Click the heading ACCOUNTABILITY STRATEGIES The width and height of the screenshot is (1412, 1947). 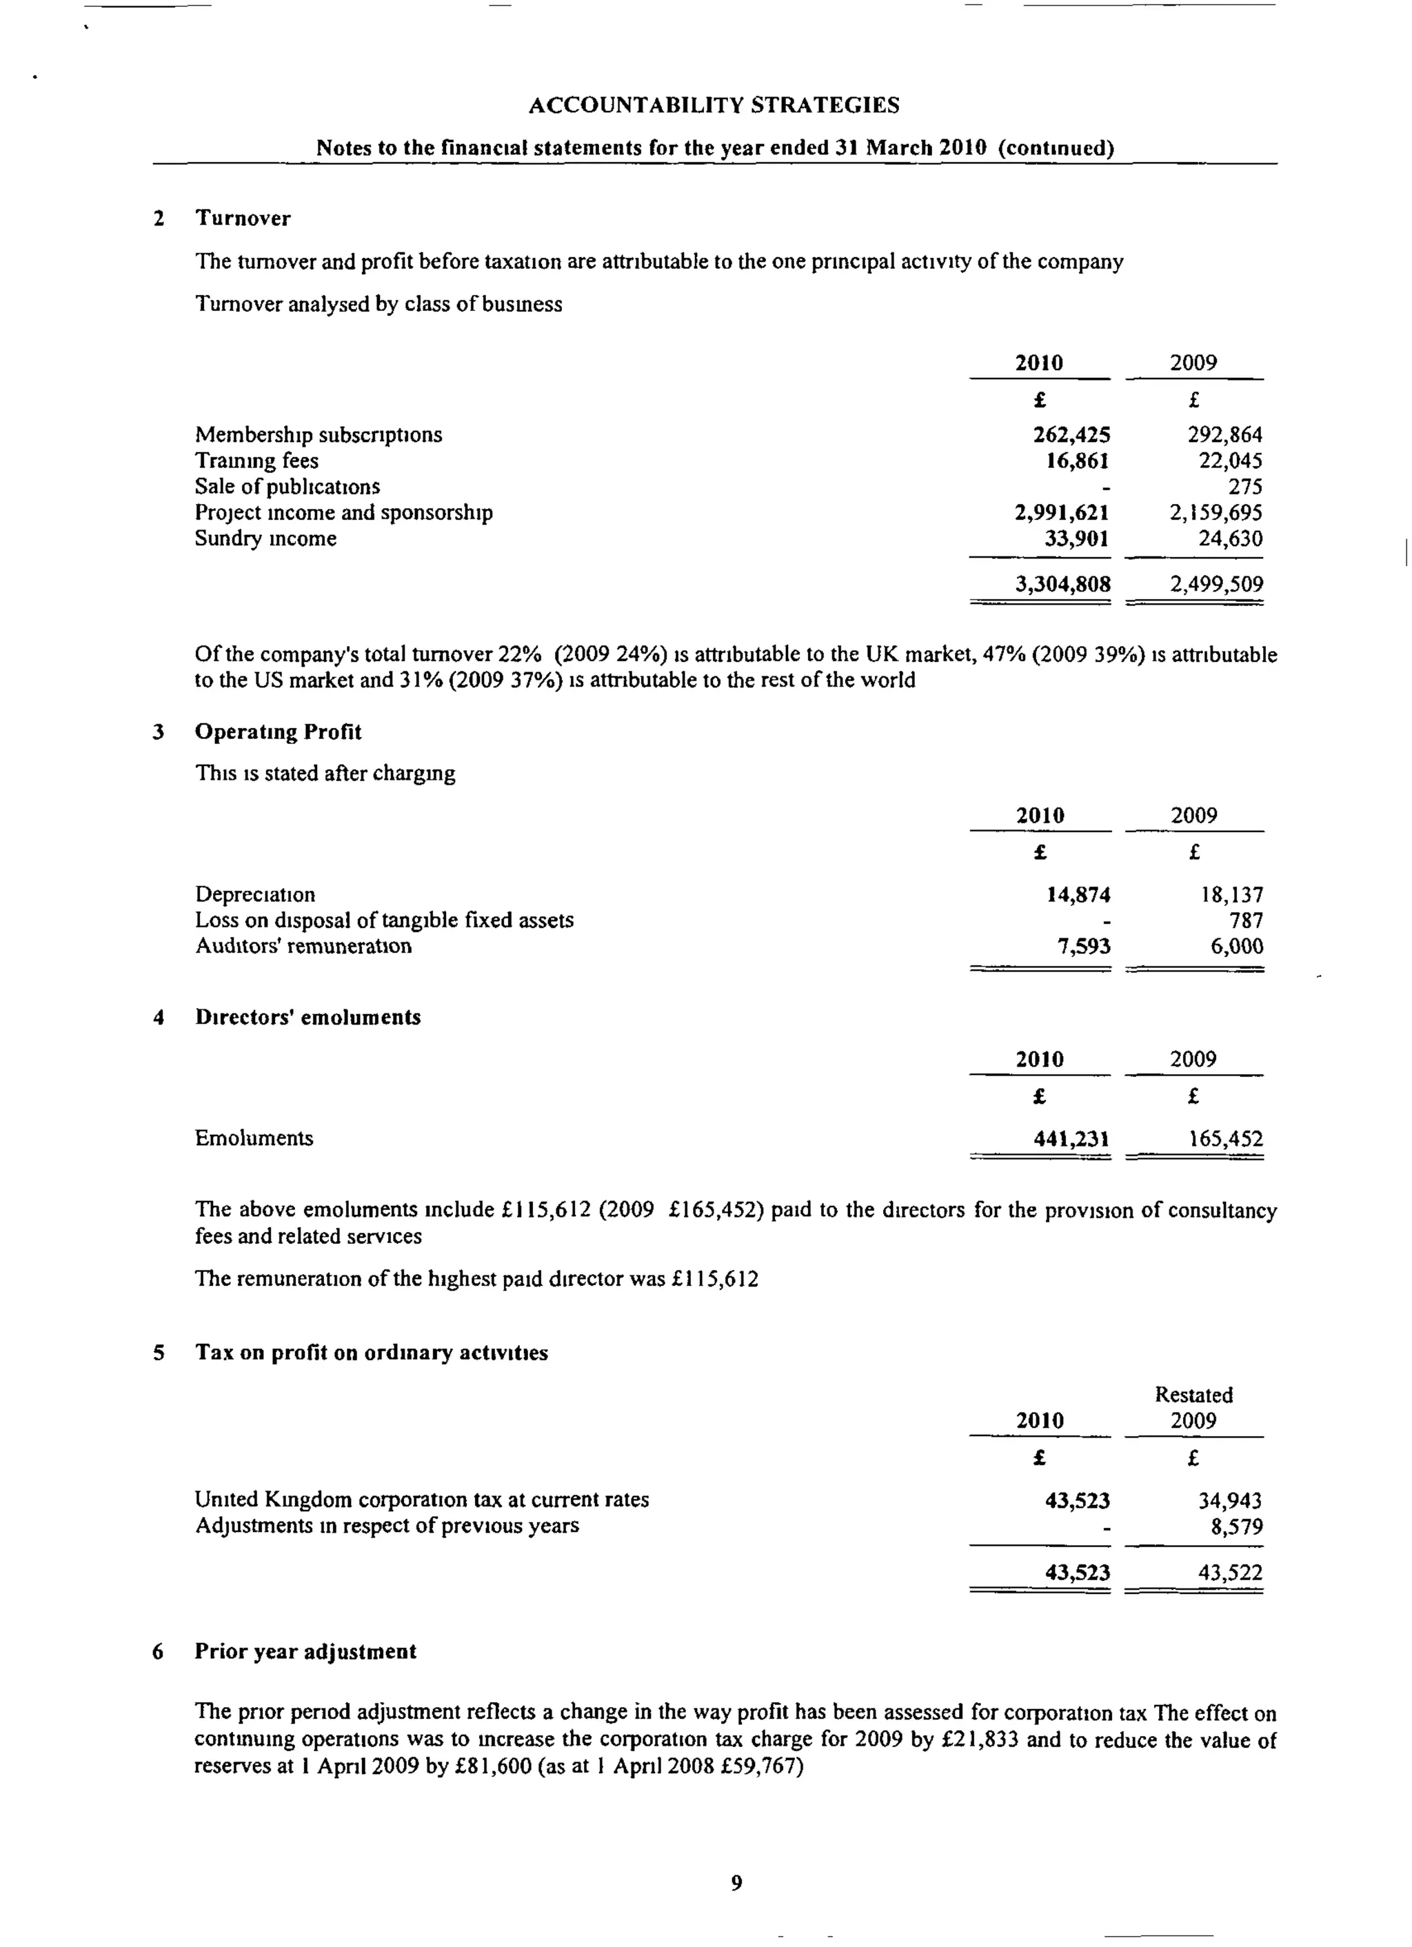click(x=714, y=105)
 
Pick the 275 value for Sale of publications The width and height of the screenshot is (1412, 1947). click(x=1244, y=487)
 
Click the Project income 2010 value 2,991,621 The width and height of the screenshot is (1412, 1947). click(x=1061, y=512)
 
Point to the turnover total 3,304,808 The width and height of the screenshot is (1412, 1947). click(x=1062, y=585)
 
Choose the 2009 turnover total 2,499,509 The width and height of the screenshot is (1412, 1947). click(x=1216, y=585)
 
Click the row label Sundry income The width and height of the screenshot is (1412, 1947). click(x=265, y=538)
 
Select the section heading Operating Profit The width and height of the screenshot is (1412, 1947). click(x=278, y=732)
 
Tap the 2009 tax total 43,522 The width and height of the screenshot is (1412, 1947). click(x=1230, y=1573)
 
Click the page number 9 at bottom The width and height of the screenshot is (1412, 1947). click(x=736, y=1883)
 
